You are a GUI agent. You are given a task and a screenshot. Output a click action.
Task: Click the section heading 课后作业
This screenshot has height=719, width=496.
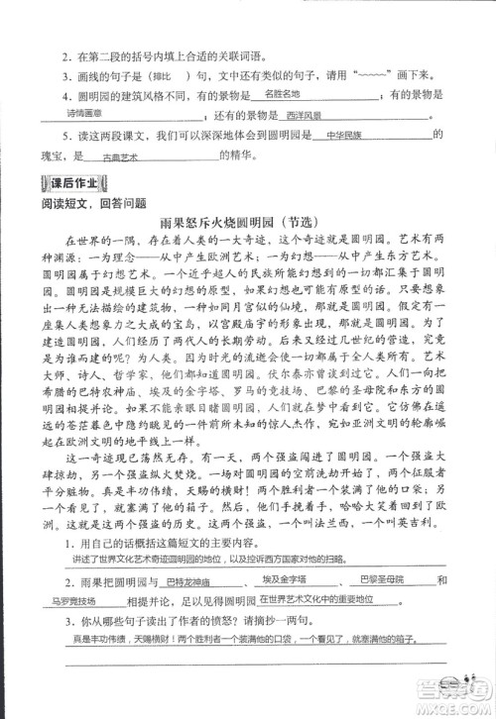coord(69,183)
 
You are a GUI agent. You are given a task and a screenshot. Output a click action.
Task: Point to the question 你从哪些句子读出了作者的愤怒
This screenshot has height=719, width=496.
coord(203,621)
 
